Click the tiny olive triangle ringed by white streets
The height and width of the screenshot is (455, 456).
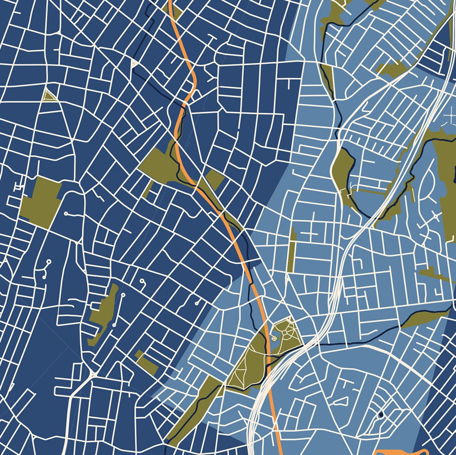(48, 95)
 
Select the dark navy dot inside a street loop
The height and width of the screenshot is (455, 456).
(380, 414)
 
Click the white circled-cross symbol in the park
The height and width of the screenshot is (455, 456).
(274, 339)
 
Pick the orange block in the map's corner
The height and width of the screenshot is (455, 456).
(396, 451)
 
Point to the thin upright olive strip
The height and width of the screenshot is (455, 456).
(292, 251)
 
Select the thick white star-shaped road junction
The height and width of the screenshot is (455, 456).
(93, 375)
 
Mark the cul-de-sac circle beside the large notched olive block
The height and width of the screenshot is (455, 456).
(66, 213)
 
